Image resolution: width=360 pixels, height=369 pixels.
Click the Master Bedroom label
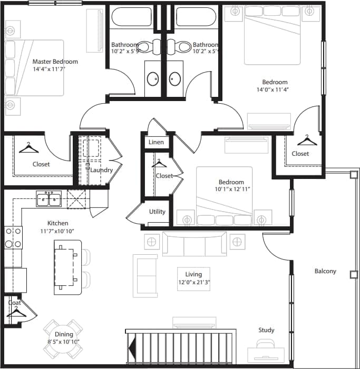[x=55, y=62]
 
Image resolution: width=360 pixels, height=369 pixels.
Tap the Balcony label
[x=325, y=272]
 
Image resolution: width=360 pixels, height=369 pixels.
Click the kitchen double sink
[x=49, y=198]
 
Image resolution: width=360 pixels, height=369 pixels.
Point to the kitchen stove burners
[x=13, y=237]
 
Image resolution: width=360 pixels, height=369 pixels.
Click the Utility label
[x=157, y=212]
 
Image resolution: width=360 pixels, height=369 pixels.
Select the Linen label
[x=156, y=143]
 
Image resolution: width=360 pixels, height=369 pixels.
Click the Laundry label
[x=101, y=170]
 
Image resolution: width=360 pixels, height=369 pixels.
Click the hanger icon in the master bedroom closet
[x=28, y=148]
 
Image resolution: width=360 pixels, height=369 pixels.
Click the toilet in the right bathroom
[x=184, y=46]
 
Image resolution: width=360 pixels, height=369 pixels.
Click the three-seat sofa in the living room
[x=194, y=243]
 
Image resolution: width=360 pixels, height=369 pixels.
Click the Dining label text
[x=64, y=334]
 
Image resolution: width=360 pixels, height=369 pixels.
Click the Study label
[x=266, y=330]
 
